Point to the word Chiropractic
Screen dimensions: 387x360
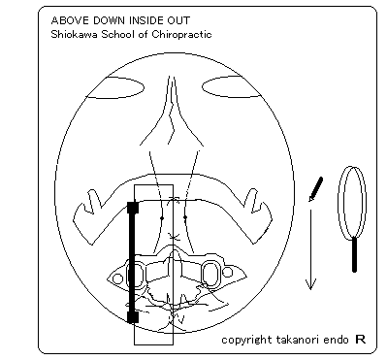181,35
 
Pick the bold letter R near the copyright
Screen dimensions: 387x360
361,340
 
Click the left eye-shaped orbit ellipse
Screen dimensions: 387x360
116,87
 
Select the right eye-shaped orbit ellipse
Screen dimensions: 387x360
231,86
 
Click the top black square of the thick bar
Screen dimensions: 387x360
133,208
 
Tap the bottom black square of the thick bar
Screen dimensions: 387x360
133,317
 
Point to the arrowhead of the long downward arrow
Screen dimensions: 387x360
310,284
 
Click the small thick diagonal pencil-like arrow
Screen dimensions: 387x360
316,189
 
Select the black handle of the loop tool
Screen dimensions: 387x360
354,254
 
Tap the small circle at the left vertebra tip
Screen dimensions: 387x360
118,278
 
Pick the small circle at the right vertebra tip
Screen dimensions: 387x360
228,272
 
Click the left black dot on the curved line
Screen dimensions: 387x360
162,218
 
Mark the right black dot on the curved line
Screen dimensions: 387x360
185,217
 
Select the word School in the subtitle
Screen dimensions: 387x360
117,34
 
